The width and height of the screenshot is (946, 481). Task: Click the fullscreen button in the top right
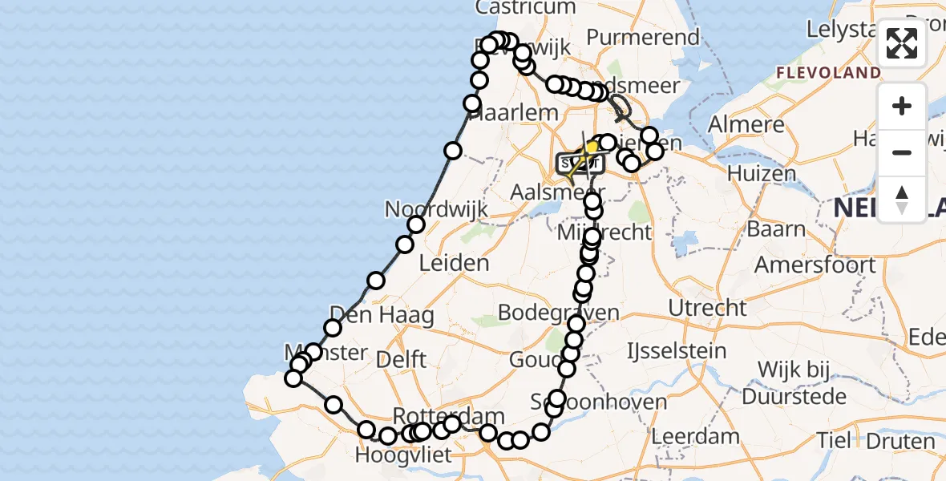tap(902, 43)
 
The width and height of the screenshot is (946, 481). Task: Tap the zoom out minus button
tap(902, 152)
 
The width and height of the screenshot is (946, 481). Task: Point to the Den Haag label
tap(382, 314)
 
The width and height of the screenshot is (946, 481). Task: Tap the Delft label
tap(401, 359)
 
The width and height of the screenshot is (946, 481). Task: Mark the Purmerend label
tap(643, 37)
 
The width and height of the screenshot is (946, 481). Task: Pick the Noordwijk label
tap(436, 210)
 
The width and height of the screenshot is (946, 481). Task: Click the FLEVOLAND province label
tap(828, 73)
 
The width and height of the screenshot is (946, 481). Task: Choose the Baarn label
tap(777, 228)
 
